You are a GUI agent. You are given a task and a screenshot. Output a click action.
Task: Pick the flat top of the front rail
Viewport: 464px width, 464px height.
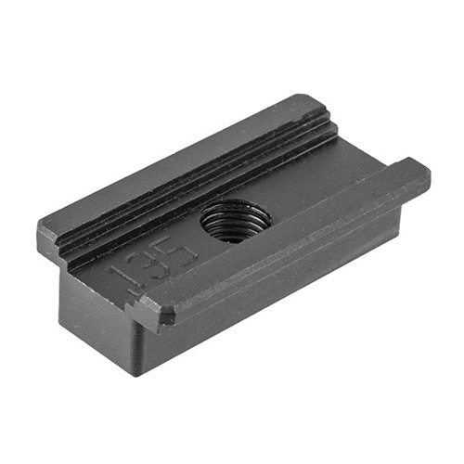tap(297, 232)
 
